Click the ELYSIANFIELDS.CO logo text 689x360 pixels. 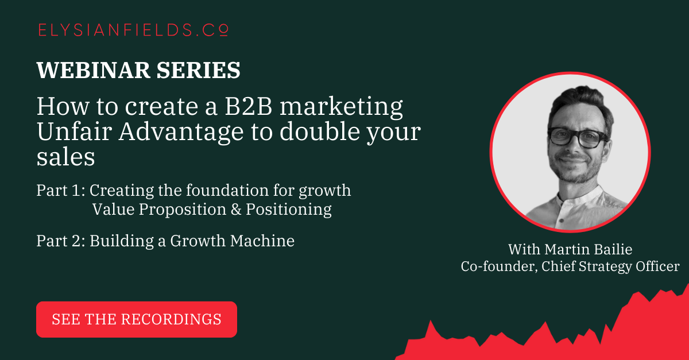coord(133,30)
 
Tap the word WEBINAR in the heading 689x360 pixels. coord(93,70)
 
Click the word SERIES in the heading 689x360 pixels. coord(199,70)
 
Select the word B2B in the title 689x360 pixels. coord(249,106)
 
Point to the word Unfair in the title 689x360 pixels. coord(74,131)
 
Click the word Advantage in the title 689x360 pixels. coord(181,132)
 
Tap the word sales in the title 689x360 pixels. coord(65,157)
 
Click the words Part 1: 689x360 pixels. coord(61,191)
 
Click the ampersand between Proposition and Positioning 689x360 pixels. coord(236,210)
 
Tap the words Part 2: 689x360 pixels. coord(61,241)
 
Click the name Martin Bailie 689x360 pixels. coord(589,249)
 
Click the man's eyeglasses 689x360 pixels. coord(578,138)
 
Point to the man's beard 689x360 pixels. coord(576,172)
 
